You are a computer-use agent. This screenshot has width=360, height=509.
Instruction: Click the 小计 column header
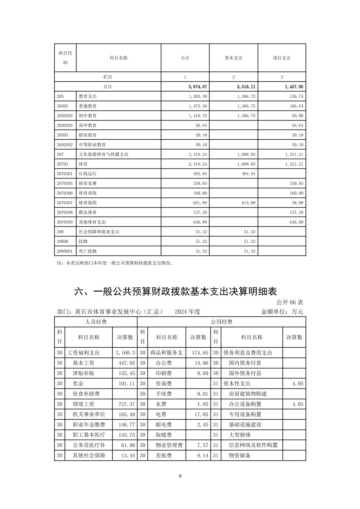[x=185, y=58]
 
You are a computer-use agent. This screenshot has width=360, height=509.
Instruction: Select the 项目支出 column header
[x=282, y=58]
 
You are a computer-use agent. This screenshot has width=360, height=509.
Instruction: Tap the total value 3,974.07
[x=198, y=87]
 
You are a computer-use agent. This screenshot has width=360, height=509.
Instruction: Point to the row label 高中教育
[x=88, y=125]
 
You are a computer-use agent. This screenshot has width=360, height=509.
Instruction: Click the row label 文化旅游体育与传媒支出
[x=104, y=154]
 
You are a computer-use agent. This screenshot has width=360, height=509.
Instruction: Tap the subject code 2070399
[x=65, y=222]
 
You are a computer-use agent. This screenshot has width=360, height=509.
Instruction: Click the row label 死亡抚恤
[x=88, y=251]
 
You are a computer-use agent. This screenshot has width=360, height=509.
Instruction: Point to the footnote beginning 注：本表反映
[x=115, y=263]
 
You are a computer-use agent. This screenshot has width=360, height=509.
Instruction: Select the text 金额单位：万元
[x=282, y=312]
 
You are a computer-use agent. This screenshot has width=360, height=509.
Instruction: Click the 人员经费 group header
[x=96, y=322]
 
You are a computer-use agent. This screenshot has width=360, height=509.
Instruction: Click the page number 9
[x=180, y=476]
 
